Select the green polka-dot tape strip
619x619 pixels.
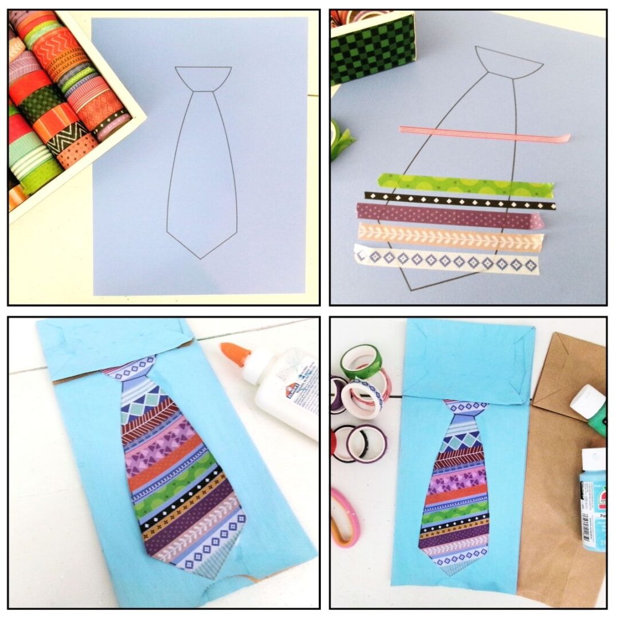point(464,185)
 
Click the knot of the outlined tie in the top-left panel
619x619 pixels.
point(203,79)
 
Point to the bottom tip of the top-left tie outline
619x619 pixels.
point(201,257)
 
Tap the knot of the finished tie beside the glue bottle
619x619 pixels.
point(131,368)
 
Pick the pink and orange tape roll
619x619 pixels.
point(346,516)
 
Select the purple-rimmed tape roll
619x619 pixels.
point(367,444)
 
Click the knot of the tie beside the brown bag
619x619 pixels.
point(465,408)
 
